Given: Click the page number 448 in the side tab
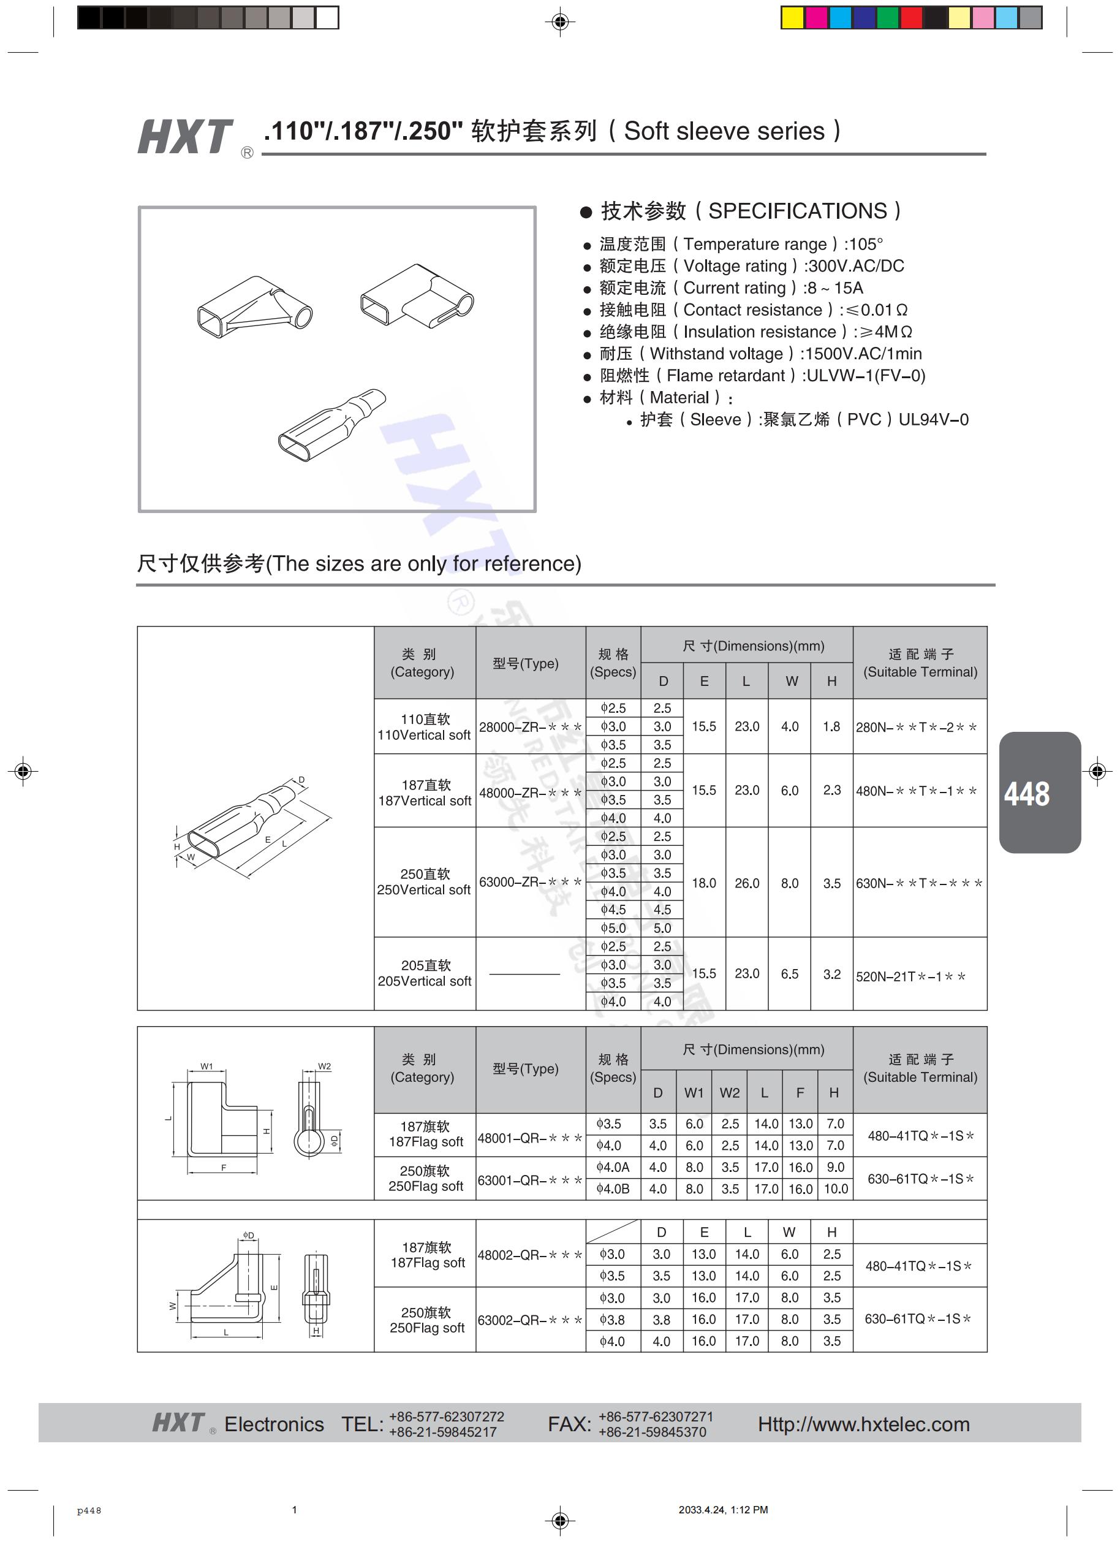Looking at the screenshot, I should pyautogui.click(x=1026, y=794).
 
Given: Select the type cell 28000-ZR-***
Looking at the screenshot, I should pyautogui.click(x=530, y=727).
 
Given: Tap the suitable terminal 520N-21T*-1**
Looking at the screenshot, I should pyautogui.click(x=910, y=976).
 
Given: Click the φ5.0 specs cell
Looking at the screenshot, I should pyautogui.click(x=613, y=928).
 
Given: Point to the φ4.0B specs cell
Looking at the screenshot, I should pyautogui.click(x=613, y=1188).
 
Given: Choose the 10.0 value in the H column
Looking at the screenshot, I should pyautogui.click(x=836, y=1188).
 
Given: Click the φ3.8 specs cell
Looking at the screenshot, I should pyautogui.click(x=613, y=1319).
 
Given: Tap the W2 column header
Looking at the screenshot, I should pyautogui.click(x=730, y=1093).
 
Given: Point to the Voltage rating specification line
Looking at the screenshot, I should pyautogui.click(x=751, y=266).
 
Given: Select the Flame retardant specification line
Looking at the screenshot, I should pyautogui.click(x=762, y=376).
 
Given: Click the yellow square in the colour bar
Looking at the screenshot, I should pyautogui.click(x=792, y=18).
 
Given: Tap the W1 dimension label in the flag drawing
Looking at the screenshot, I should pyautogui.click(x=207, y=1066).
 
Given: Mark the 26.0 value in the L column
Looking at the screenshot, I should pyautogui.click(x=746, y=883).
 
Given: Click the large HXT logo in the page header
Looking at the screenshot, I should pyautogui.click(x=185, y=136).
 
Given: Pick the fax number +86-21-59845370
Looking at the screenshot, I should pyautogui.click(x=652, y=1432).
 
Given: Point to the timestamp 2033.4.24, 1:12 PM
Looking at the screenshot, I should pyautogui.click(x=722, y=1510).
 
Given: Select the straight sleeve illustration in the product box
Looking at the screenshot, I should pyautogui.click(x=331, y=425).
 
